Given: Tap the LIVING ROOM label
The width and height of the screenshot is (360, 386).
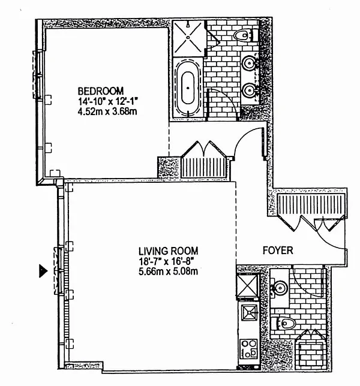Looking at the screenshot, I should pos(168,251).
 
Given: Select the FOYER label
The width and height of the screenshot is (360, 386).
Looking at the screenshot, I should pos(278,251).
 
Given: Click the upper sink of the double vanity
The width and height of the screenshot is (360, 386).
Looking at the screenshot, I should pos(249,61).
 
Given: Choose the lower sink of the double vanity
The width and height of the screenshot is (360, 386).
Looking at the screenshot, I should pos(249,91).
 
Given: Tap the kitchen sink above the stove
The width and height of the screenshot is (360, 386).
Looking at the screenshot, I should pos(248,313).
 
